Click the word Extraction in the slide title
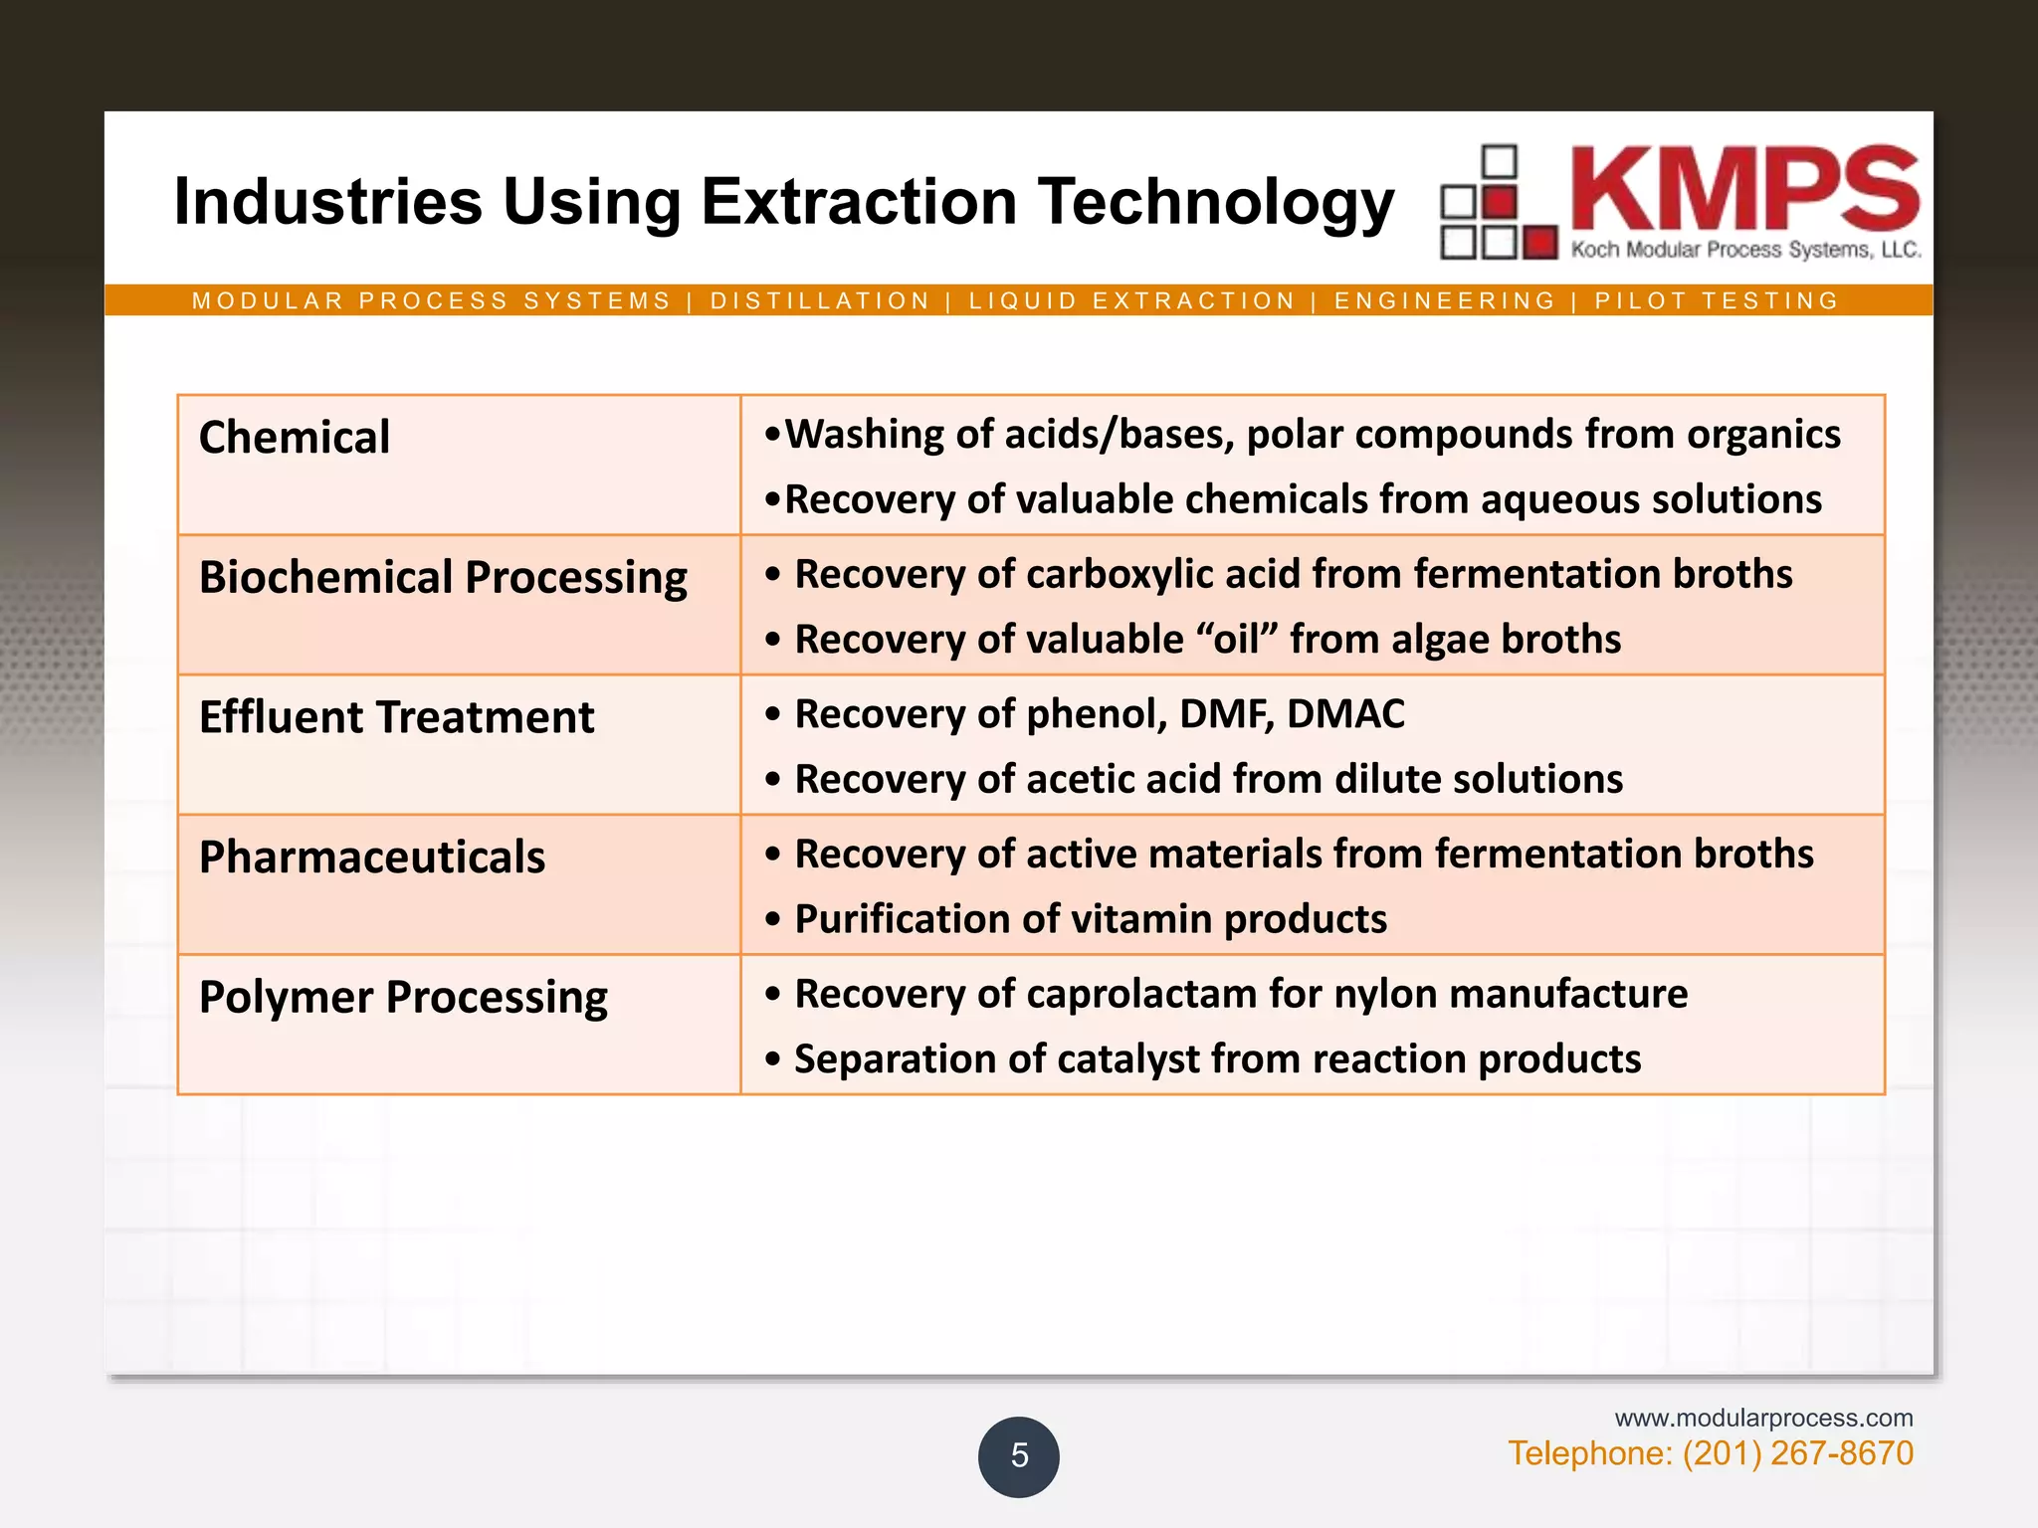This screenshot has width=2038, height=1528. pyautogui.click(x=859, y=202)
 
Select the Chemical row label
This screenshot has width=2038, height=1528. pyautogui.click(x=295, y=438)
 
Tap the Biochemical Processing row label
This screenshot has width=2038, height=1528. pyautogui.click(x=443, y=578)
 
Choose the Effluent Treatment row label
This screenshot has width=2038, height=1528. pyautogui.click(x=396, y=717)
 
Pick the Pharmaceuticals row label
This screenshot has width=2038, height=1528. pyautogui.click(x=372, y=858)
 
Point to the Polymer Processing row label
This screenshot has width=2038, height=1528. pyautogui.click(x=403, y=997)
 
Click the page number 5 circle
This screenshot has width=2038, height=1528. pyautogui.click(x=1018, y=1456)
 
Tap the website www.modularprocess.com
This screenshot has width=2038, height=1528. pyautogui.click(x=1763, y=1418)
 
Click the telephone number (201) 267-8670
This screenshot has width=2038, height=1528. pyautogui.click(x=1797, y=1453)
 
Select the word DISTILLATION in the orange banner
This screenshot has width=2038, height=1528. pyautogui.click(x=820, y=300)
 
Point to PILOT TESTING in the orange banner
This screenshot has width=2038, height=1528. pyautogui.click(x=1717, y=300)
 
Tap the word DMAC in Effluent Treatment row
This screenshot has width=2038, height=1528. pyautogui.click(x=1345, y=714)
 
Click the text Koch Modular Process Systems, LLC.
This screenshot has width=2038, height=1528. pyautogui.click(x=1745, y=250)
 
